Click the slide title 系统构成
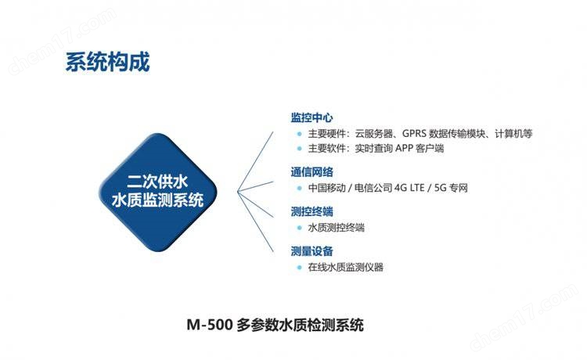(108, 62)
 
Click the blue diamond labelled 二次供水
(158, 192)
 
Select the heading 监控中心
(312, 117)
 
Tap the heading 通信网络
(312, 172)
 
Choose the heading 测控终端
(312, 212)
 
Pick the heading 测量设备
(312, 251)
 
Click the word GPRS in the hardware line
(414, 134)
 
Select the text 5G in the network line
(440, 188)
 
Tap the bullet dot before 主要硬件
(299, 134)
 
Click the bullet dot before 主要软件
(299, 149)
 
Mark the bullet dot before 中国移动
(299, 188)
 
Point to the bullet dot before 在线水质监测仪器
(299, 267)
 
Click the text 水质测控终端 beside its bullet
(337, 228)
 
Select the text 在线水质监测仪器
(345, 267)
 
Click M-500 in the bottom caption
(210, 325)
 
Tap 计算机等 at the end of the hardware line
(513, 134)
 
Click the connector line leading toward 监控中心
(255, 161)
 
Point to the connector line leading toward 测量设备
(255, 221)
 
